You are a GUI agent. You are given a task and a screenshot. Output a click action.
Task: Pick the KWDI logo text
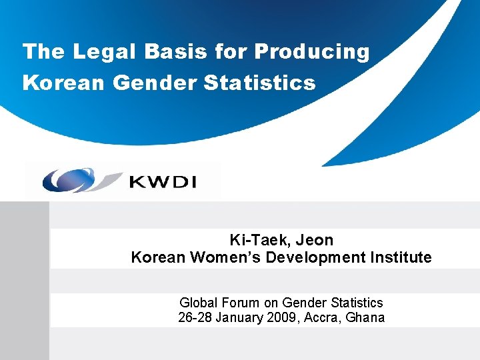click(163, 180)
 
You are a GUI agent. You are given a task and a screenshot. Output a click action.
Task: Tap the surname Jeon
click(314, 240)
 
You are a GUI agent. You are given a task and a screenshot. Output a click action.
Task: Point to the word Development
click(314, 257)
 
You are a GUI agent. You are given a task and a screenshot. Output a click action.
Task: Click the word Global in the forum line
click(197, 303)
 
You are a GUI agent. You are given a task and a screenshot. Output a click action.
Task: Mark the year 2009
click(285, 317)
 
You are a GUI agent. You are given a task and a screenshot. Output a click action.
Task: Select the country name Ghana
click(365, 317)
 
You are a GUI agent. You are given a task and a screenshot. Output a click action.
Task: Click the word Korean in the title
click(64, 83)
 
